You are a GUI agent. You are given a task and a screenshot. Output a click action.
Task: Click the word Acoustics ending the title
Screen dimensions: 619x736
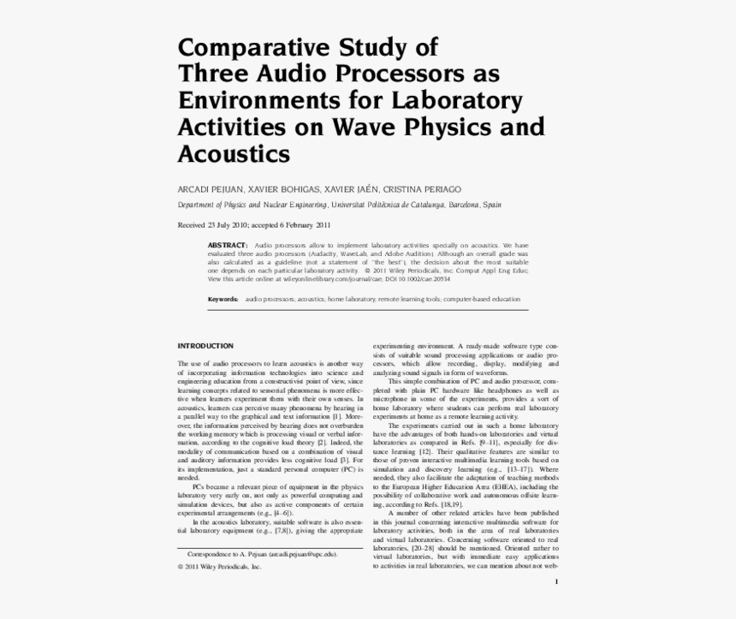coord(234,154)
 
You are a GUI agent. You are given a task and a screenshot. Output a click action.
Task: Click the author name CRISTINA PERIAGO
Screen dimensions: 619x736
coord(422,188)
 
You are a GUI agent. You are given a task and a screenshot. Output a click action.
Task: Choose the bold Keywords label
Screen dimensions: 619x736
coord(223,300)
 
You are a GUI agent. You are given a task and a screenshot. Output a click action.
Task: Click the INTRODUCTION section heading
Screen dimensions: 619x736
coord(205,346)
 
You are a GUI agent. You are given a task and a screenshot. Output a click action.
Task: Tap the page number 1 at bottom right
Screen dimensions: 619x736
coord(557,582)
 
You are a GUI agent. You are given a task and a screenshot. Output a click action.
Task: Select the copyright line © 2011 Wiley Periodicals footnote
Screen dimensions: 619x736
coord(219,567)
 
